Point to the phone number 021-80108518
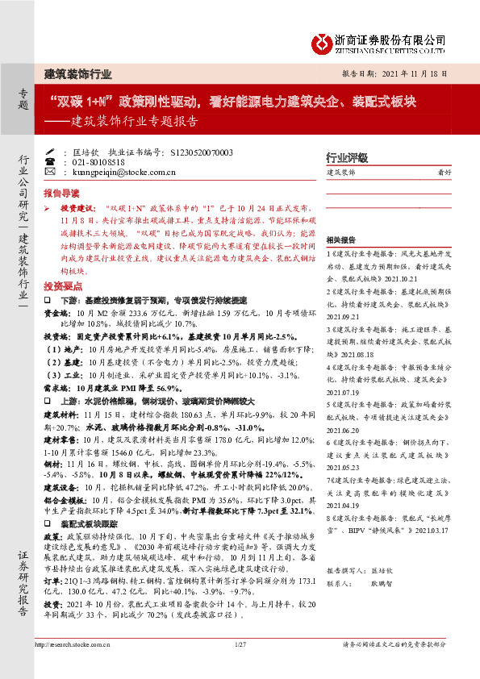[x=101, y=162]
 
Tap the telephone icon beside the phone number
[x=51, y=161]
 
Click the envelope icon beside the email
[x=51, y=172]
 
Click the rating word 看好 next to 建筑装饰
[x=444, y=173]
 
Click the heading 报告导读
[x=61, y=194]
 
